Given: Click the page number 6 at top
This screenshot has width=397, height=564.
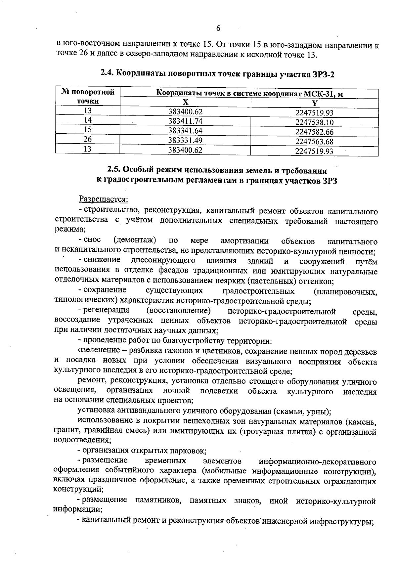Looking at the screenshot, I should tap(218, 28).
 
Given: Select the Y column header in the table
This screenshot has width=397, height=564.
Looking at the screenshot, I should tap(315, 103).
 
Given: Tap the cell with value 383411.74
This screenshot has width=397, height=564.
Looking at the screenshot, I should tap(185, 121).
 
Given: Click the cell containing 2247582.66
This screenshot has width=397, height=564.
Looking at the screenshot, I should tap(314, 132).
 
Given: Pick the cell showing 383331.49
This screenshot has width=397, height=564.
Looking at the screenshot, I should tap(185, 140).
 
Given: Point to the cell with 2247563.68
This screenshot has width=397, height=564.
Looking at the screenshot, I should tap(314, 142).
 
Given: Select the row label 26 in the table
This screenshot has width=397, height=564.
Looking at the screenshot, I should tap(87, 139).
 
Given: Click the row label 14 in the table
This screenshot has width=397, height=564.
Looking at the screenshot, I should tap(87, 120).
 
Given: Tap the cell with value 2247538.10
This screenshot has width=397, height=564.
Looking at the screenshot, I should tap(314, 122).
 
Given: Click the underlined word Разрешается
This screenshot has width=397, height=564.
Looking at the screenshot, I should tap(103, 199).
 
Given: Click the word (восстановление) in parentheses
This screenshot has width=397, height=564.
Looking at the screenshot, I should tap(178, 311).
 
